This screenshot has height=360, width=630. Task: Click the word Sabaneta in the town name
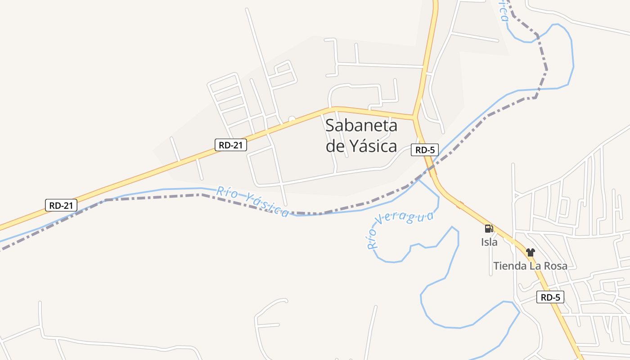coord(361,126)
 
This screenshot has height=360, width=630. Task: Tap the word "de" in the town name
coord(334,146)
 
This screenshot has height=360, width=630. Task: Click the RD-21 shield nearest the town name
coord(230,145)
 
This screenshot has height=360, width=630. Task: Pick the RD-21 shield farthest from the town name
coord(61,205)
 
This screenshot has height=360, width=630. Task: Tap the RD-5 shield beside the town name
coord(424,150)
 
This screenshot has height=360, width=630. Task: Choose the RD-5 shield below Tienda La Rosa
coord(550,297)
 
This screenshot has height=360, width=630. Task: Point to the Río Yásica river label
coord(252,201)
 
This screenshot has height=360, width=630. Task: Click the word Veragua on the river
coord(407,218)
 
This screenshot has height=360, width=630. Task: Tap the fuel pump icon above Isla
coord(489,229)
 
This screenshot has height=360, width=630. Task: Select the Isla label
coord(489,242)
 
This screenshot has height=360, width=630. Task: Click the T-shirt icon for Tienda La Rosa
coord(531,252)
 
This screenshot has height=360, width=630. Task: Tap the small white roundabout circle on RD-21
coord(292,120)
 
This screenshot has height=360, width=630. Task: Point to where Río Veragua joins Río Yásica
coord(418,180)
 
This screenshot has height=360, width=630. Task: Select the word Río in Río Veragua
coord(372,239)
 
